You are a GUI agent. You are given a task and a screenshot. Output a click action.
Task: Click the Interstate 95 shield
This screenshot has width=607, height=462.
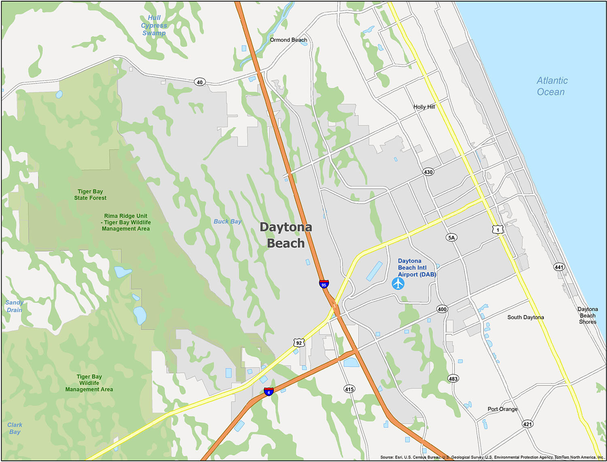324,284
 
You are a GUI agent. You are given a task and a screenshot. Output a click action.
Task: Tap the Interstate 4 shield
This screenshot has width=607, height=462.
268,392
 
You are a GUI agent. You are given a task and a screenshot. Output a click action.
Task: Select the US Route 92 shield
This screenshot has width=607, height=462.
299,343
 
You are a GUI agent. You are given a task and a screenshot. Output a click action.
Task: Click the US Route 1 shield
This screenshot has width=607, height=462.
498,229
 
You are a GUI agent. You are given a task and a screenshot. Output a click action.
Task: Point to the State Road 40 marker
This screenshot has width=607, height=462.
200,82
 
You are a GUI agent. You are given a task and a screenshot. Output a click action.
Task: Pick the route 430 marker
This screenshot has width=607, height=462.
428,172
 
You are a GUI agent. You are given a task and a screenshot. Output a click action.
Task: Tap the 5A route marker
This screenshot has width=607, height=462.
452,237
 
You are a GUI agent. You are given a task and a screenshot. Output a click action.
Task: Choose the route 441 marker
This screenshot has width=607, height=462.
559,267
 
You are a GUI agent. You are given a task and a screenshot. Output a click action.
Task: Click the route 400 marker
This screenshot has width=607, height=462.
442,309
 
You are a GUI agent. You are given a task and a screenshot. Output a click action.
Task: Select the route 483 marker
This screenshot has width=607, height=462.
453,379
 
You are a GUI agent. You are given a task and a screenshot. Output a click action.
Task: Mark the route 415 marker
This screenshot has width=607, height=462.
349,389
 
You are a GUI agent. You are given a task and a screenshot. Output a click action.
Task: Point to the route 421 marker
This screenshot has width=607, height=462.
527,424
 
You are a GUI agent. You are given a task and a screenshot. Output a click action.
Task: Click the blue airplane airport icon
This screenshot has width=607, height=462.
398,284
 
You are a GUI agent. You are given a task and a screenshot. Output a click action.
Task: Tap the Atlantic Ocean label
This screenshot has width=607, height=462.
552,86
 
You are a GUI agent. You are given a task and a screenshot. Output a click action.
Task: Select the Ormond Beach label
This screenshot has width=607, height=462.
289,40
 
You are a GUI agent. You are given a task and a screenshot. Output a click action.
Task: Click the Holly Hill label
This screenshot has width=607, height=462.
424,107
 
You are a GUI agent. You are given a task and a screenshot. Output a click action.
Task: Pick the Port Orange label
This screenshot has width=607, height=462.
503,409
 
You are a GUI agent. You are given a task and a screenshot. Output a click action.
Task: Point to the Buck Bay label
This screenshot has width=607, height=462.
227,221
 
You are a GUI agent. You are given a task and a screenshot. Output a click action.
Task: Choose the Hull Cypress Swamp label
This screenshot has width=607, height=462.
154,25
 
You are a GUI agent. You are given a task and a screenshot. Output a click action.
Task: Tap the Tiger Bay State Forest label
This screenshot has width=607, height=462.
90,195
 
